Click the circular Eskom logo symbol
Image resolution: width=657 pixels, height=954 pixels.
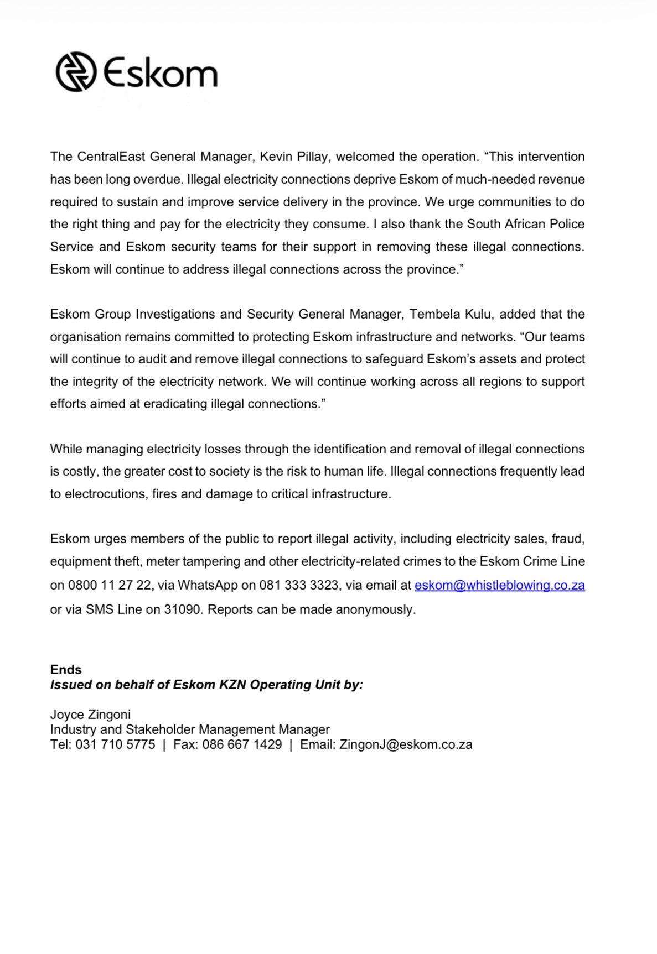click(x=76, y=72)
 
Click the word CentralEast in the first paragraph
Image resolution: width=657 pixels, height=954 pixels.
click(x=111, y=157)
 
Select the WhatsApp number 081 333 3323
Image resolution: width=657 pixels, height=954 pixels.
click(x=299, y=585)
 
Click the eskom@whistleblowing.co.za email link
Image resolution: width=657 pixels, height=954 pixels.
click(x=499, y=585)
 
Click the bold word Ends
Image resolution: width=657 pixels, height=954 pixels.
click(x=66, y=670)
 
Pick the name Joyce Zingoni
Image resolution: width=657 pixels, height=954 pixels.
click(x=90, y=714)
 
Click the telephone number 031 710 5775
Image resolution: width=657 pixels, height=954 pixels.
click(x=115, y=744)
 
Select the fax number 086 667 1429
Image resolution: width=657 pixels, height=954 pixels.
click(x=242, y=744)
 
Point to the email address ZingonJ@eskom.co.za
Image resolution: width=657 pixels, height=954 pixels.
click(x=406, y=744)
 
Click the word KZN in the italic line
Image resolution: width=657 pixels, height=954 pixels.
click(x=232, y=685)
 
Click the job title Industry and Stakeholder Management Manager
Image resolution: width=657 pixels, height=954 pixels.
click(x=190, y=729)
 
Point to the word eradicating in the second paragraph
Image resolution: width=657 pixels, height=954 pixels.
click(x=176, y=404)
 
